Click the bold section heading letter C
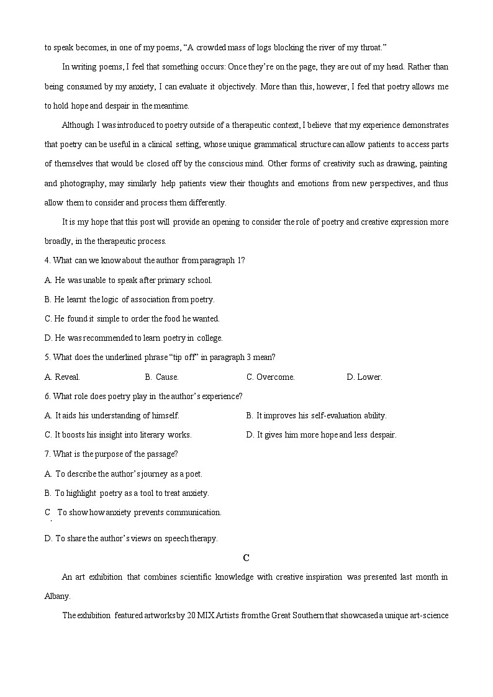pos(246,557)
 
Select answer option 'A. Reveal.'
pos(62,377)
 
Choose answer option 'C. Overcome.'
pos(270,377)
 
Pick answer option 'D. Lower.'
pos(364,377)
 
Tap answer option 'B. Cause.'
pos(161,377)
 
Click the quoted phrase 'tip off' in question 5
pos(186,357)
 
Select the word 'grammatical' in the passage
pos(299,145)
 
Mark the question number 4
pos(47,260)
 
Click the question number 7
pos(47,454)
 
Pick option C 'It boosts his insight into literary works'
pos(118,434)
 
